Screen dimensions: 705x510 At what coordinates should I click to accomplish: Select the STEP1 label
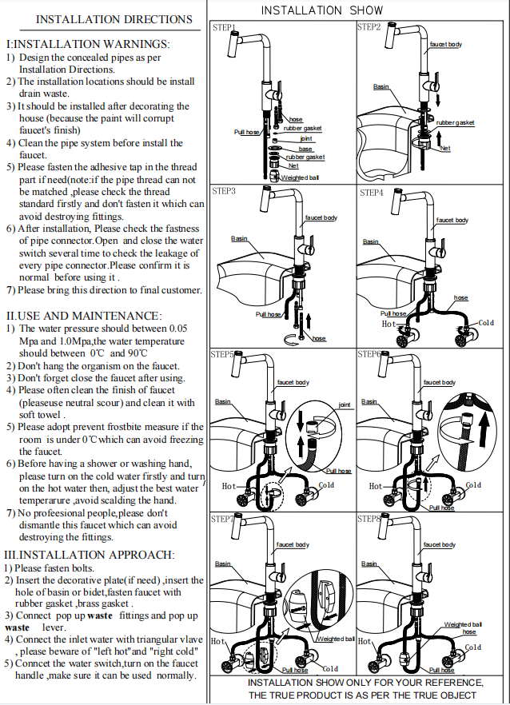point(224,28)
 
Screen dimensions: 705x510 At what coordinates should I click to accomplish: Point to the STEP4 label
point(371,193)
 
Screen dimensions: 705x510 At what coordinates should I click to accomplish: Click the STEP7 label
point(222,520)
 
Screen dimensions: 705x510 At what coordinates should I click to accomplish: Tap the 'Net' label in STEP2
point(445,148)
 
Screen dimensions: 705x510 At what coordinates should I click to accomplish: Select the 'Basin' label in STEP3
point(239,238)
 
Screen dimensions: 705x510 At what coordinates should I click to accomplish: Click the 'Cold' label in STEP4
point(486,323)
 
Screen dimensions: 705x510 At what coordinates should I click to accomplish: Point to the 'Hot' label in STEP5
point(229,486)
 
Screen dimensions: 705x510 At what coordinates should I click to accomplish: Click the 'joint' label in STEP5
point(345,404)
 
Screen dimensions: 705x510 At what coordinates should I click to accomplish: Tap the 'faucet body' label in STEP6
point(439,383)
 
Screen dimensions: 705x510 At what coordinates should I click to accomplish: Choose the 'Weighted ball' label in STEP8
point(463,624)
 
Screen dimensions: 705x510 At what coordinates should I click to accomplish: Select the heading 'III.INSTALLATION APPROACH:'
point(88,555)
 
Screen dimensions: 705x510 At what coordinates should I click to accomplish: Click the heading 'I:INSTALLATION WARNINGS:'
point(87,45)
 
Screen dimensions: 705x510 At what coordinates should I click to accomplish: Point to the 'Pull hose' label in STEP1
point(246,132)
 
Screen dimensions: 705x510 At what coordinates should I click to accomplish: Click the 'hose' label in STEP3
point(319,339)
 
